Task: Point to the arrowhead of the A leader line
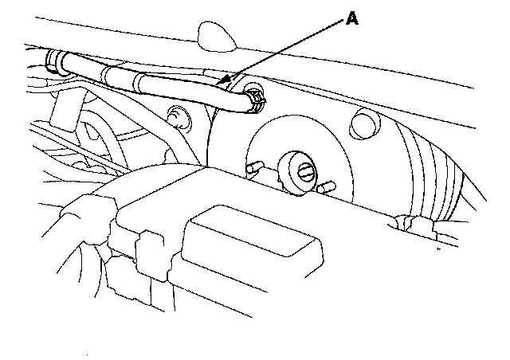point(227,80)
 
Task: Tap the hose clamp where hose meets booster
point(256,99)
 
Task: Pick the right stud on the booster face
point(327,188)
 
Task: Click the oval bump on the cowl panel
point(213,34)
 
